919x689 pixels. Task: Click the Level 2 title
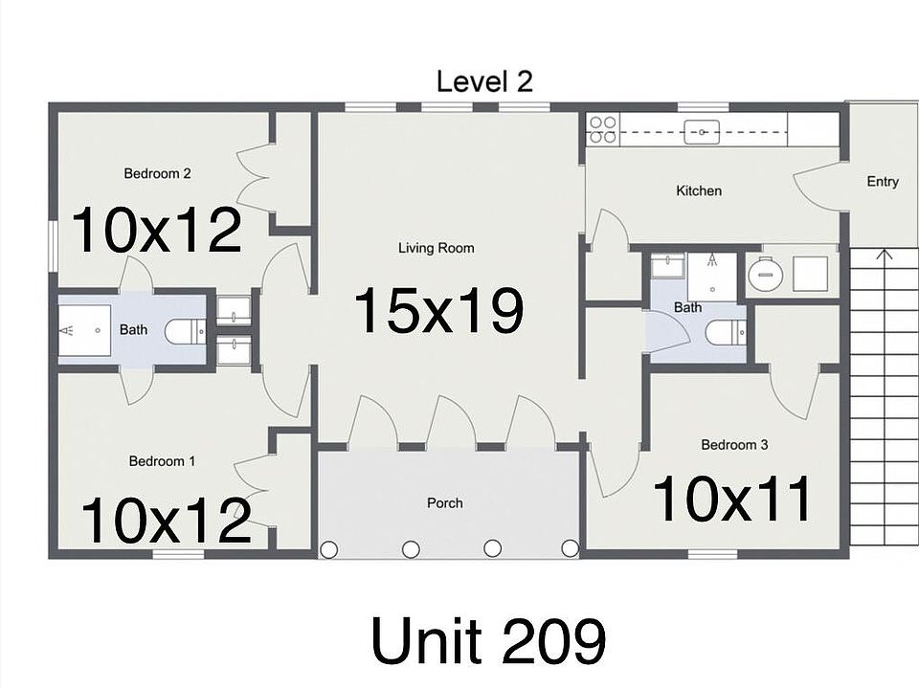coord(483,81)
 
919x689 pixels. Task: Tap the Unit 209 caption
coord(487,640)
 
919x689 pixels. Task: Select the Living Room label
coord(436,249)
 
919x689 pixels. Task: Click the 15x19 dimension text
coord(438,311)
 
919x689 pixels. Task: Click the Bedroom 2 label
coord(157,174)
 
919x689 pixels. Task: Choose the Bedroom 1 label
coord(162,461)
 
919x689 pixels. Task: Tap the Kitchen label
coord(699,191)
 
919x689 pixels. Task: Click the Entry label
coord(882,182)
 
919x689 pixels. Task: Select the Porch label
coord(444,503)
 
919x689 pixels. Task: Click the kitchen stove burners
coord(602,129)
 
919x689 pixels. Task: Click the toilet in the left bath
coord(185,331)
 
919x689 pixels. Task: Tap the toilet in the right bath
coord(725,332)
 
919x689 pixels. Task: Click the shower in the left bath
coord(86,330)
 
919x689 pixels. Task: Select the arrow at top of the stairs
coord(883,256)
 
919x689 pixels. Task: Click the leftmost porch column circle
coord(328,549)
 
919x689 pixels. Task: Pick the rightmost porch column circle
coord(570,548)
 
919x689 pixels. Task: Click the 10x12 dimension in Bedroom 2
coord(156,231)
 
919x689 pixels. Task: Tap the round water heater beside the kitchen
coord(765,276)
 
